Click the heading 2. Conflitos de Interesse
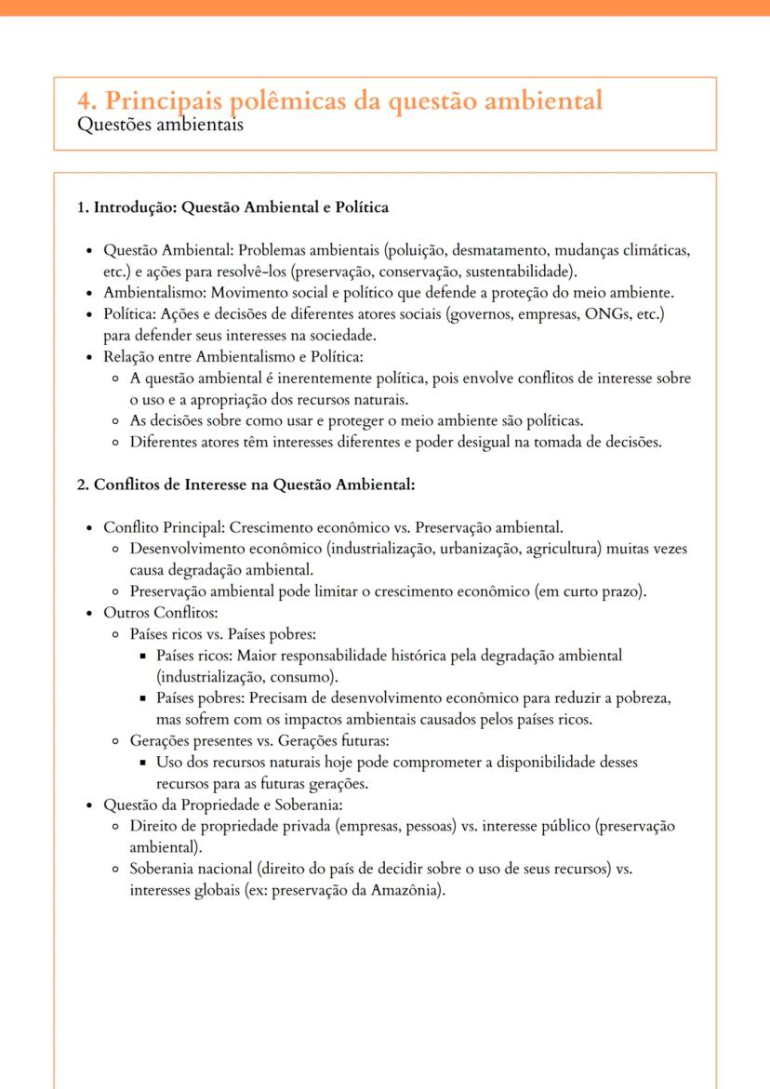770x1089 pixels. (x=246, y=484)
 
